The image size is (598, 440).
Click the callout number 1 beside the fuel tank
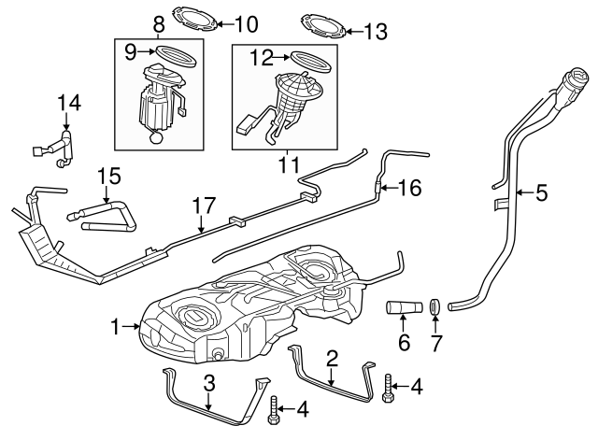tap(115, 326)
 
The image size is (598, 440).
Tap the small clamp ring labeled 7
tap(435, 305)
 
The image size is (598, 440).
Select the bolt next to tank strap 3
tap(273, 407)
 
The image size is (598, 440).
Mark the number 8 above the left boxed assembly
tap(158, 21)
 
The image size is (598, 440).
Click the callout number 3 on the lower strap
tap(209, 382)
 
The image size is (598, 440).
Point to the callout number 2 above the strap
tap(331, 356)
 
